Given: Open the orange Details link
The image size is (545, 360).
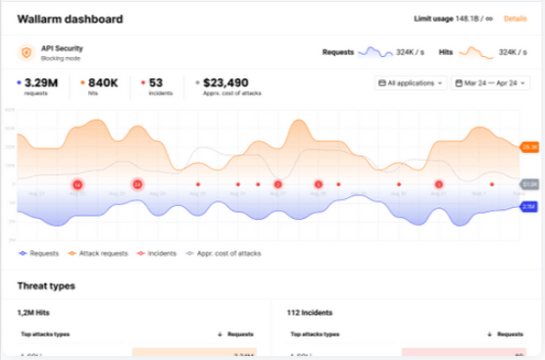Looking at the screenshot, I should point(515,19).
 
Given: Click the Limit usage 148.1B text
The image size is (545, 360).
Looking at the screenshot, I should point(447,19).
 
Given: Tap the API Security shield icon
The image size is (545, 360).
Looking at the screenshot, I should point(25,52).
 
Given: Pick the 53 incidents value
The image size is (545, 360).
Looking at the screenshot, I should point(156,83).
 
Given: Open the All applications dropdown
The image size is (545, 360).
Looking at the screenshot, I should point(411,84).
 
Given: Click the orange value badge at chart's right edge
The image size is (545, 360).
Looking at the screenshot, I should point(529,146).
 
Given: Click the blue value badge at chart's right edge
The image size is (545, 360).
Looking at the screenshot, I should point(529,207).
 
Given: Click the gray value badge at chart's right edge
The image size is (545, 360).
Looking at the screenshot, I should point(529,183).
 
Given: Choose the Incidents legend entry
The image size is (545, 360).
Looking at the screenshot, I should point(159,254).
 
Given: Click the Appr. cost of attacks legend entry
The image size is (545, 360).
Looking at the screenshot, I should point(226,254).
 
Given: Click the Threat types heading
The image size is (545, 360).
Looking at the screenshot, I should point(46,285).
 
